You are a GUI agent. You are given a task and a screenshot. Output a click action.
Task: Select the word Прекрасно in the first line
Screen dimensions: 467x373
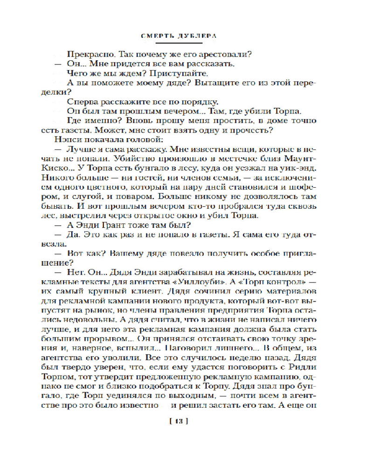(86, 54)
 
